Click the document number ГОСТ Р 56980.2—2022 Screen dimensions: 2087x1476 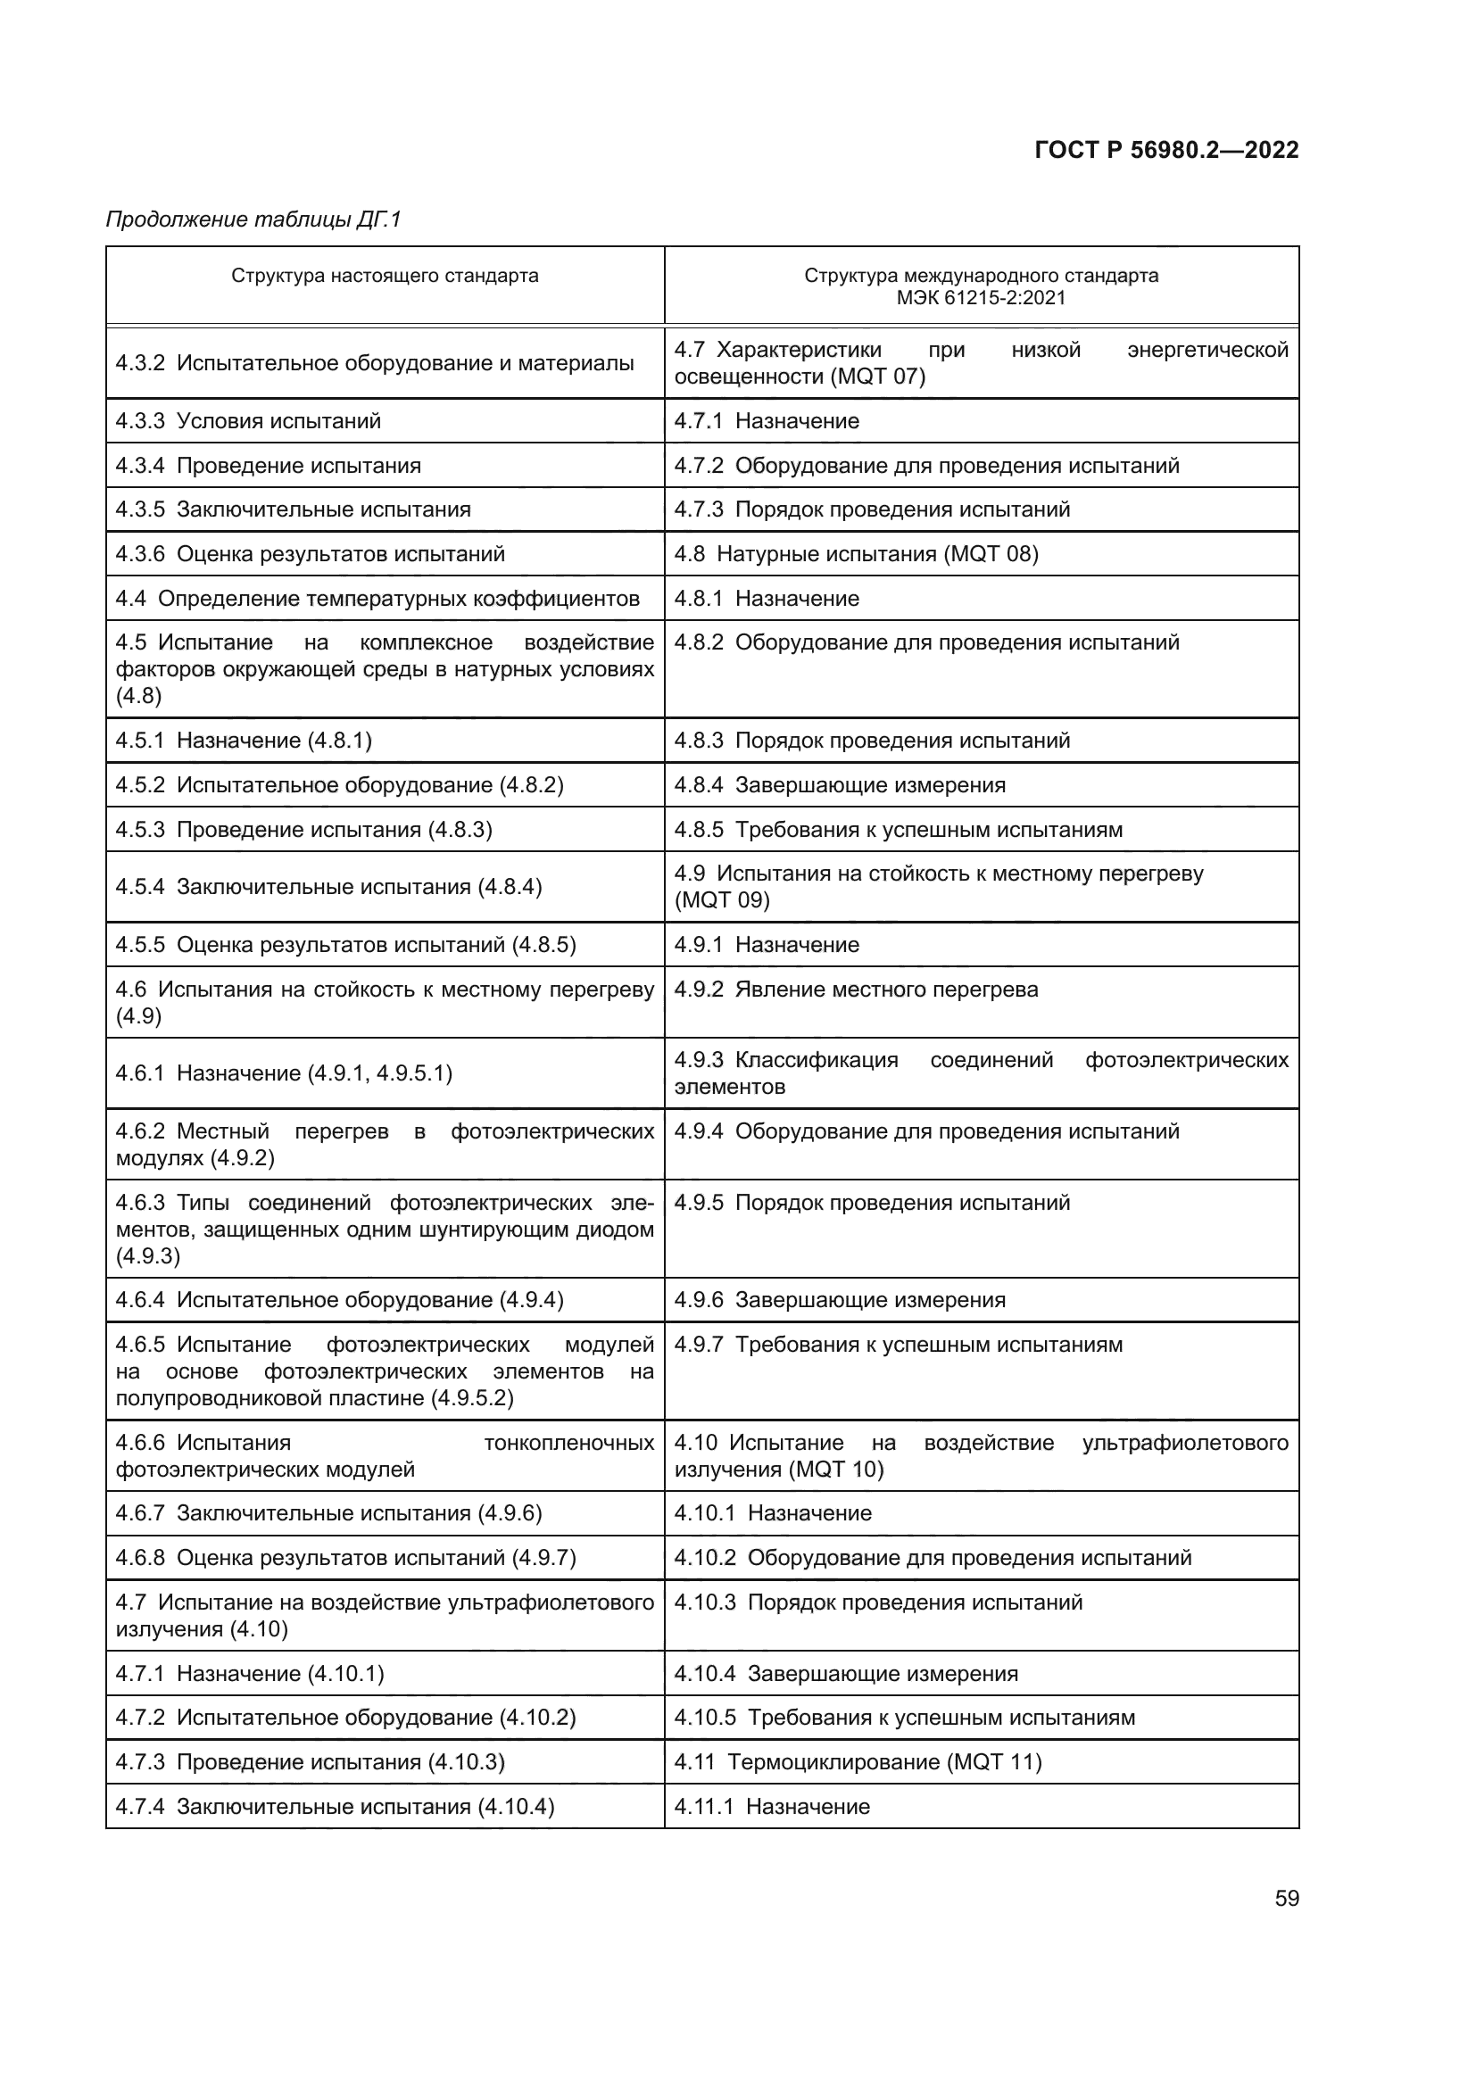[x=1166, y=150]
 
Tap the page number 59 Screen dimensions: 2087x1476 [x=1286, y=1898]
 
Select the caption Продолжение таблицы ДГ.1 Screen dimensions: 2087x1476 [x=253, y=219]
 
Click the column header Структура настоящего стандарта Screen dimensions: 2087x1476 [x=385, y=276]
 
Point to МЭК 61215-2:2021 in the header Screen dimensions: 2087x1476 [x=981, y=298]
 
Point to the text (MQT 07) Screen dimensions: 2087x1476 [x=877, y=377]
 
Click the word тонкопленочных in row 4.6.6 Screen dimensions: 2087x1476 [x=569, y=1443]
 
